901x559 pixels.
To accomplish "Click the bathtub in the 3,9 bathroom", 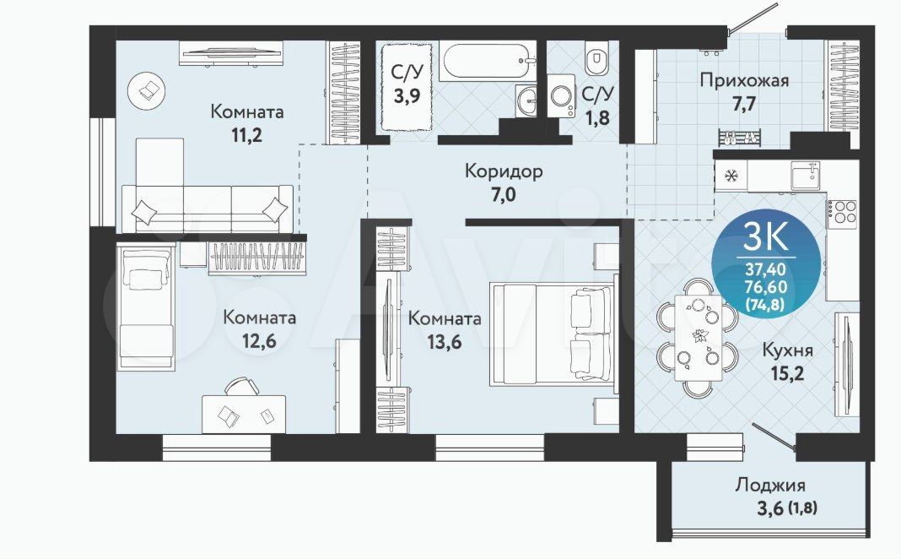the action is (x=488, y=61).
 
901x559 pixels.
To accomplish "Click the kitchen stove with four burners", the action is (x=842, y=212).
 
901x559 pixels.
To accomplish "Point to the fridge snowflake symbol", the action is (x=731, y=176).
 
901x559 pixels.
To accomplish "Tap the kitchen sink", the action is (x=807, y=176).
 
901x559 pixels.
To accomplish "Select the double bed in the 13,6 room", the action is (x=552, y=334).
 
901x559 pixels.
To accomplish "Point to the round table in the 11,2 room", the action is (x=147, y=90).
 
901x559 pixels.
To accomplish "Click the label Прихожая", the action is (x=744, y=80).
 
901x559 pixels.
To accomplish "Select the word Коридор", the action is (x=504, y=171).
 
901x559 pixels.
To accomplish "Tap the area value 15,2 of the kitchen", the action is (x=786, y=374).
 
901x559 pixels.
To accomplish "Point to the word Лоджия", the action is (x=770, y=485).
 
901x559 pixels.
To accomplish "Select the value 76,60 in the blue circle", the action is (x=766, y=286).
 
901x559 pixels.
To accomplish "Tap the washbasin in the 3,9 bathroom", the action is (x=526, y=101).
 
